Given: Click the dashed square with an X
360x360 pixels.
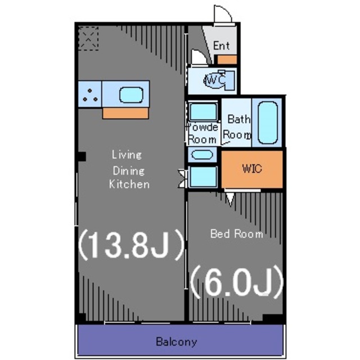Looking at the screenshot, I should pyautogui.click(x=88, y=38).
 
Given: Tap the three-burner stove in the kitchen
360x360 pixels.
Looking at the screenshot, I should pyautogui.click(x=90, y=94).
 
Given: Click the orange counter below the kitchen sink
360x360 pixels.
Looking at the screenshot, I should pyautogui.click(x=125, y=113).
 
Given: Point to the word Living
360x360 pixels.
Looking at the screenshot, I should pyautogui.click(x=127, y=154).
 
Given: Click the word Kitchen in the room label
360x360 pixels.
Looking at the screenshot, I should pyautogui.click(x=129, y=184).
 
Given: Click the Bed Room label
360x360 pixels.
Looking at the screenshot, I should pyautogui.click(x=236, y=233).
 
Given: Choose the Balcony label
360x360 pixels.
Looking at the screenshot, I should pyautogui.click(x=177, y=341).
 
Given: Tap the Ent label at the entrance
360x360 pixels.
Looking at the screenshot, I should pyautogui.click(x=222, y=46).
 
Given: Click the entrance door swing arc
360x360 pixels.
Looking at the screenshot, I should pyautogui.click(x=223, y=13).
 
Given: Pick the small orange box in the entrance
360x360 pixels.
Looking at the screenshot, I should pyautogui.click(x=227, y=58).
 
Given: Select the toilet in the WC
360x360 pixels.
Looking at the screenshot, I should pyautogui.click(x=216, y=81).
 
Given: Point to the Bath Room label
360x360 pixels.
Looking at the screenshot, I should pyautogui.click(x=238, y=127).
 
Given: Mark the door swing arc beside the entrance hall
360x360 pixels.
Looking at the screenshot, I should pyautogui.click(x=198, y=57).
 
